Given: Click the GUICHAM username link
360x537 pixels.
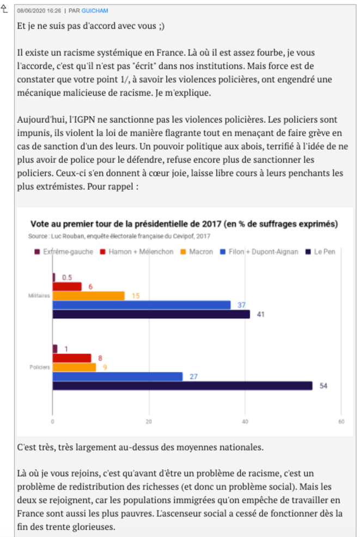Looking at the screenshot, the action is (x=95, y=10).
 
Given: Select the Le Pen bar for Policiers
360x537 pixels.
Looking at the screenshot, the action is (x=182, y=386).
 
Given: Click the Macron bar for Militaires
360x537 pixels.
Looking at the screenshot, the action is (x=89, y=296).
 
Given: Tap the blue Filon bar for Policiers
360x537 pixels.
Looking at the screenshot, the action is (x=118, y=377).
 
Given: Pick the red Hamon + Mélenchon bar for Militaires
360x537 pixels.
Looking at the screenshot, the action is (x=67, y=286).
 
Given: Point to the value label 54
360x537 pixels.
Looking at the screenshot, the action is (x=324, y=386).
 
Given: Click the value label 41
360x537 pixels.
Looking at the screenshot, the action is (x=260, y=314).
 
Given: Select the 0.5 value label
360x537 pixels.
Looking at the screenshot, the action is (x=67, y=277).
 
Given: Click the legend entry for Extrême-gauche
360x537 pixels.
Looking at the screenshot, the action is (x=64, y=252).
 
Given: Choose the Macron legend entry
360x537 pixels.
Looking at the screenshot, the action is (x=197, y=252).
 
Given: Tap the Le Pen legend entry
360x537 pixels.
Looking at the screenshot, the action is (x=320, y=252).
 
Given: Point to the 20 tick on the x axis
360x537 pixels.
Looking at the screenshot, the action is (x=149, y=422).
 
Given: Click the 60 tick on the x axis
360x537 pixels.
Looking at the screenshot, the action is (x=341, y=422).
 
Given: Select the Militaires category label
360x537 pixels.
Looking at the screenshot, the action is (x=39, y=296).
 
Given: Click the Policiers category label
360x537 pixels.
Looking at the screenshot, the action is (x=40, y=367).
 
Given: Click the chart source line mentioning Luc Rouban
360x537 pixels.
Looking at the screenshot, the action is (x=119, y=236).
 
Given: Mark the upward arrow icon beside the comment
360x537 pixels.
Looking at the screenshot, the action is (x=4, y=8).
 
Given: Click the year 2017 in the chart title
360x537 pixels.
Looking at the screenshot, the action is (x=212, y=224).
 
